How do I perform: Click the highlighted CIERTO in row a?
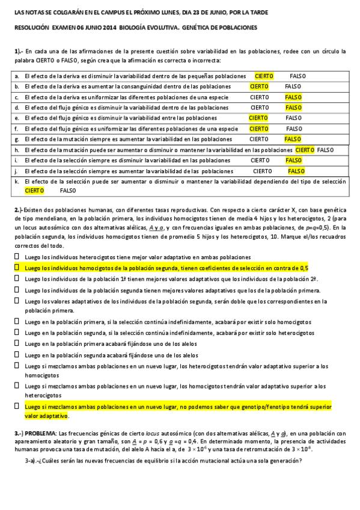coord(264,76)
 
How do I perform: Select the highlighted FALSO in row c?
coord(293,97)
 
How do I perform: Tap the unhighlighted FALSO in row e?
coord(293,118)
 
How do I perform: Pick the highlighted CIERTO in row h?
coord(305,149)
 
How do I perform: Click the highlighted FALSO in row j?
coord(296,171)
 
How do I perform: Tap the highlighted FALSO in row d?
coord(293,108)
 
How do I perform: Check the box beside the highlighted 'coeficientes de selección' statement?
coord(17,268)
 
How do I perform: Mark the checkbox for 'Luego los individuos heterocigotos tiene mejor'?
coord(17,257)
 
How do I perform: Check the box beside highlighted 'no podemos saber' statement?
coord(17,407)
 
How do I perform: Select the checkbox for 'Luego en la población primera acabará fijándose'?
coord(17,344)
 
